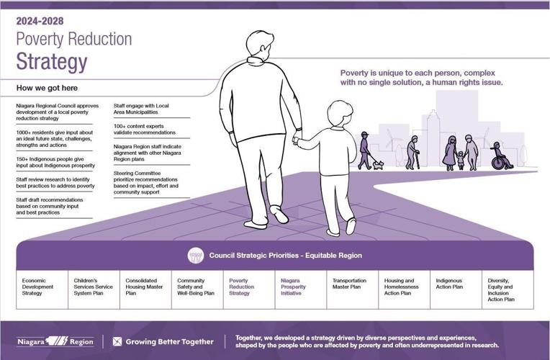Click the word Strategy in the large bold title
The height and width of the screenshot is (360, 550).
tap(52, 62)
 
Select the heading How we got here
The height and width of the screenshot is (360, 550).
tap(48, 88)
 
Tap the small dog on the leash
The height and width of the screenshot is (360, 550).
tap(378, 164)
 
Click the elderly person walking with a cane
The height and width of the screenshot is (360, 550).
tap(412, 152)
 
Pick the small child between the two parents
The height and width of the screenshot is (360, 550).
tap(460, 159)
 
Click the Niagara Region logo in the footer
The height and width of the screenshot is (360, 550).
tap(55, 341)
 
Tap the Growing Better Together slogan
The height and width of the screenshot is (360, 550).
tap(163, 341)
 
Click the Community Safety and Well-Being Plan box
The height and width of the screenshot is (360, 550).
tap(197, 287)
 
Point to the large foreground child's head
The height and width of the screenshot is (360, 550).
tap(340, 114)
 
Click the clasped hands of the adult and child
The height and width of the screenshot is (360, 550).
tap(296, 140)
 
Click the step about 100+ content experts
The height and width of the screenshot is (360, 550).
tap(145, 130)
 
